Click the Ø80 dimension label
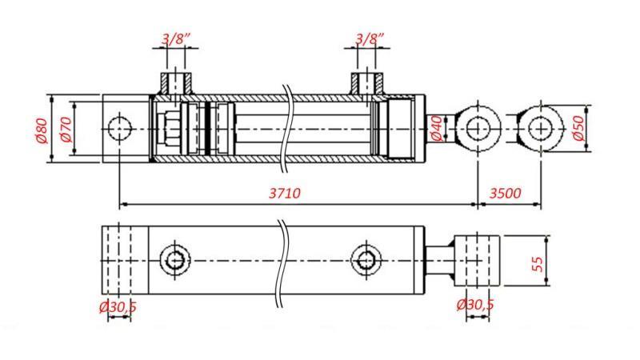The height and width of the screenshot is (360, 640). pyautogui.click(x=42, y=130)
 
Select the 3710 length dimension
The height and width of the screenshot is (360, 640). pyautogui.click(x=285, y=193)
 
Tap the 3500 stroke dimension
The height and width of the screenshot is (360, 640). pyautogui.click(x=505, y=193)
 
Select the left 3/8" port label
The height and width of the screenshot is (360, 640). pyautogui.click(x=176, y=38)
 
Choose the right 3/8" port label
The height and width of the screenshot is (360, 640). pyautogui.click(x=369, y=38)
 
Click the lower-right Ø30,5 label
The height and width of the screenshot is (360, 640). pyautogui.click(x=475, y=305)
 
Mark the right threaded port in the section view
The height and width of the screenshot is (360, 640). pyautogui.click(x=369, y=82)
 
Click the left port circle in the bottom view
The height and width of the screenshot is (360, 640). pyautogui.click(x=175, y=260)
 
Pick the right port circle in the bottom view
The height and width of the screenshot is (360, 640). pyautogui.click(x=366, y=260)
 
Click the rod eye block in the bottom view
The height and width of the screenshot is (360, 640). pyautogui.click(x=477, y=260)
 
